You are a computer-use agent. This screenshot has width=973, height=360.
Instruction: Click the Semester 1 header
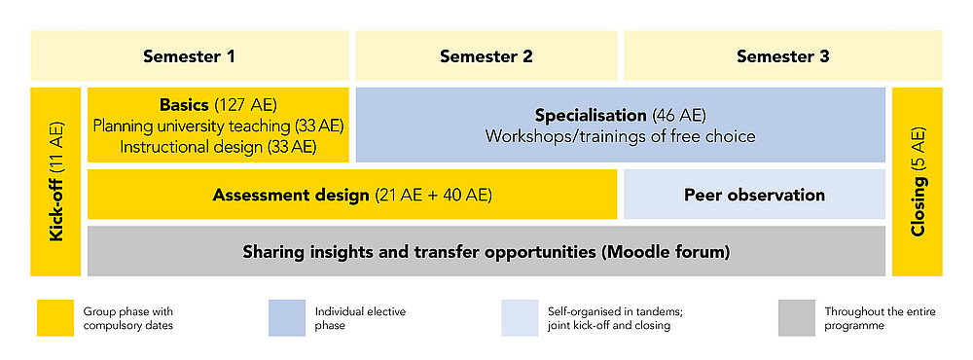190,55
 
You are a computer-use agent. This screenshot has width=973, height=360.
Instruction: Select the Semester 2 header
486,55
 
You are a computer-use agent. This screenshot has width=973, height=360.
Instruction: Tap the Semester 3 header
783,55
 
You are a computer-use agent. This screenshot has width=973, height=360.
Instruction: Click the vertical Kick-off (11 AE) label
56,182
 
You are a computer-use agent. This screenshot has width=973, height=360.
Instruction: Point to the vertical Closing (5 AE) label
918,182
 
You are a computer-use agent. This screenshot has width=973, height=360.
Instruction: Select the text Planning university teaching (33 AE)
218,126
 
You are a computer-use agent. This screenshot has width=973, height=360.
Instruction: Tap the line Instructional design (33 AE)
218,147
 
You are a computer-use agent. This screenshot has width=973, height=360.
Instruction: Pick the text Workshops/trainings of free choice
620,136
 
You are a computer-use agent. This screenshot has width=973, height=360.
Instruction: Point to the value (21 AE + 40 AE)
433,195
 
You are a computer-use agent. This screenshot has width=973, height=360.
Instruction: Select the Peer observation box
754,195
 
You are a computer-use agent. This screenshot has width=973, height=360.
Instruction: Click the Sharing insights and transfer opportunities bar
486,252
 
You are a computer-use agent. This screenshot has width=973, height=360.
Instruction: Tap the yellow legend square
54,318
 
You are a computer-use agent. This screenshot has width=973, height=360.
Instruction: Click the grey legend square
797,318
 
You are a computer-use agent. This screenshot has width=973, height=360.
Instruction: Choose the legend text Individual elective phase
360,318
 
